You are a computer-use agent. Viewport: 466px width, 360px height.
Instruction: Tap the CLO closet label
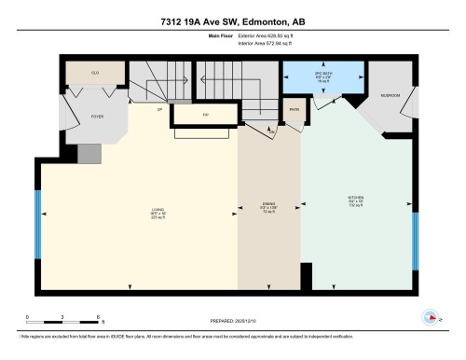[x=94, y=72]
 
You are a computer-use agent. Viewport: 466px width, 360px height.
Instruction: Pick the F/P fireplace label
[x=205, y=113]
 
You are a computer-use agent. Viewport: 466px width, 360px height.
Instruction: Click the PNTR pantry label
[x=293, y=111]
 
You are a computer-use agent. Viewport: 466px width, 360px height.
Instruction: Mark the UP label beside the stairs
[x=160, y=109]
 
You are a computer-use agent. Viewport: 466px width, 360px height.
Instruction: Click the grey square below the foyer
[x=88, y=152]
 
